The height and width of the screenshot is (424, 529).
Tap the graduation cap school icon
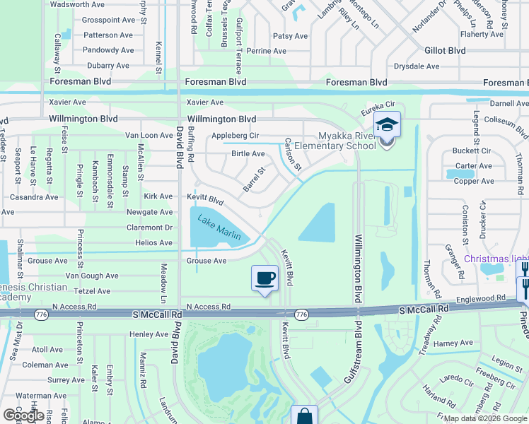coord(387,124)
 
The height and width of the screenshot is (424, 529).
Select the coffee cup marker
coord(265,277)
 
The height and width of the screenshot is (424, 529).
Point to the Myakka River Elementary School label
coord(346,141)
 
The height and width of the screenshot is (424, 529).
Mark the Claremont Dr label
coord(149,228)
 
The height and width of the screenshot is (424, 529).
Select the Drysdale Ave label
coord(417,66)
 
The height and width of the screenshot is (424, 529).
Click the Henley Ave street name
coord(149,334)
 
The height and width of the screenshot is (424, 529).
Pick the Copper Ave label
coord(474,181)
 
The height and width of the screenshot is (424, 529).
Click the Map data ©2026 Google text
coord(486,418)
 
